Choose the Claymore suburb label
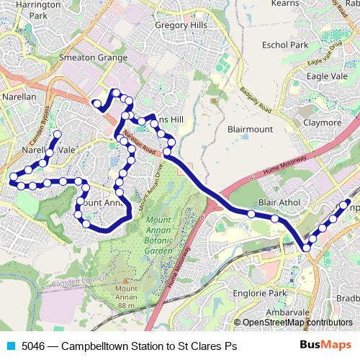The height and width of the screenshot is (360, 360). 321,122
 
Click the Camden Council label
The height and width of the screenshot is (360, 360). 80,279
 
